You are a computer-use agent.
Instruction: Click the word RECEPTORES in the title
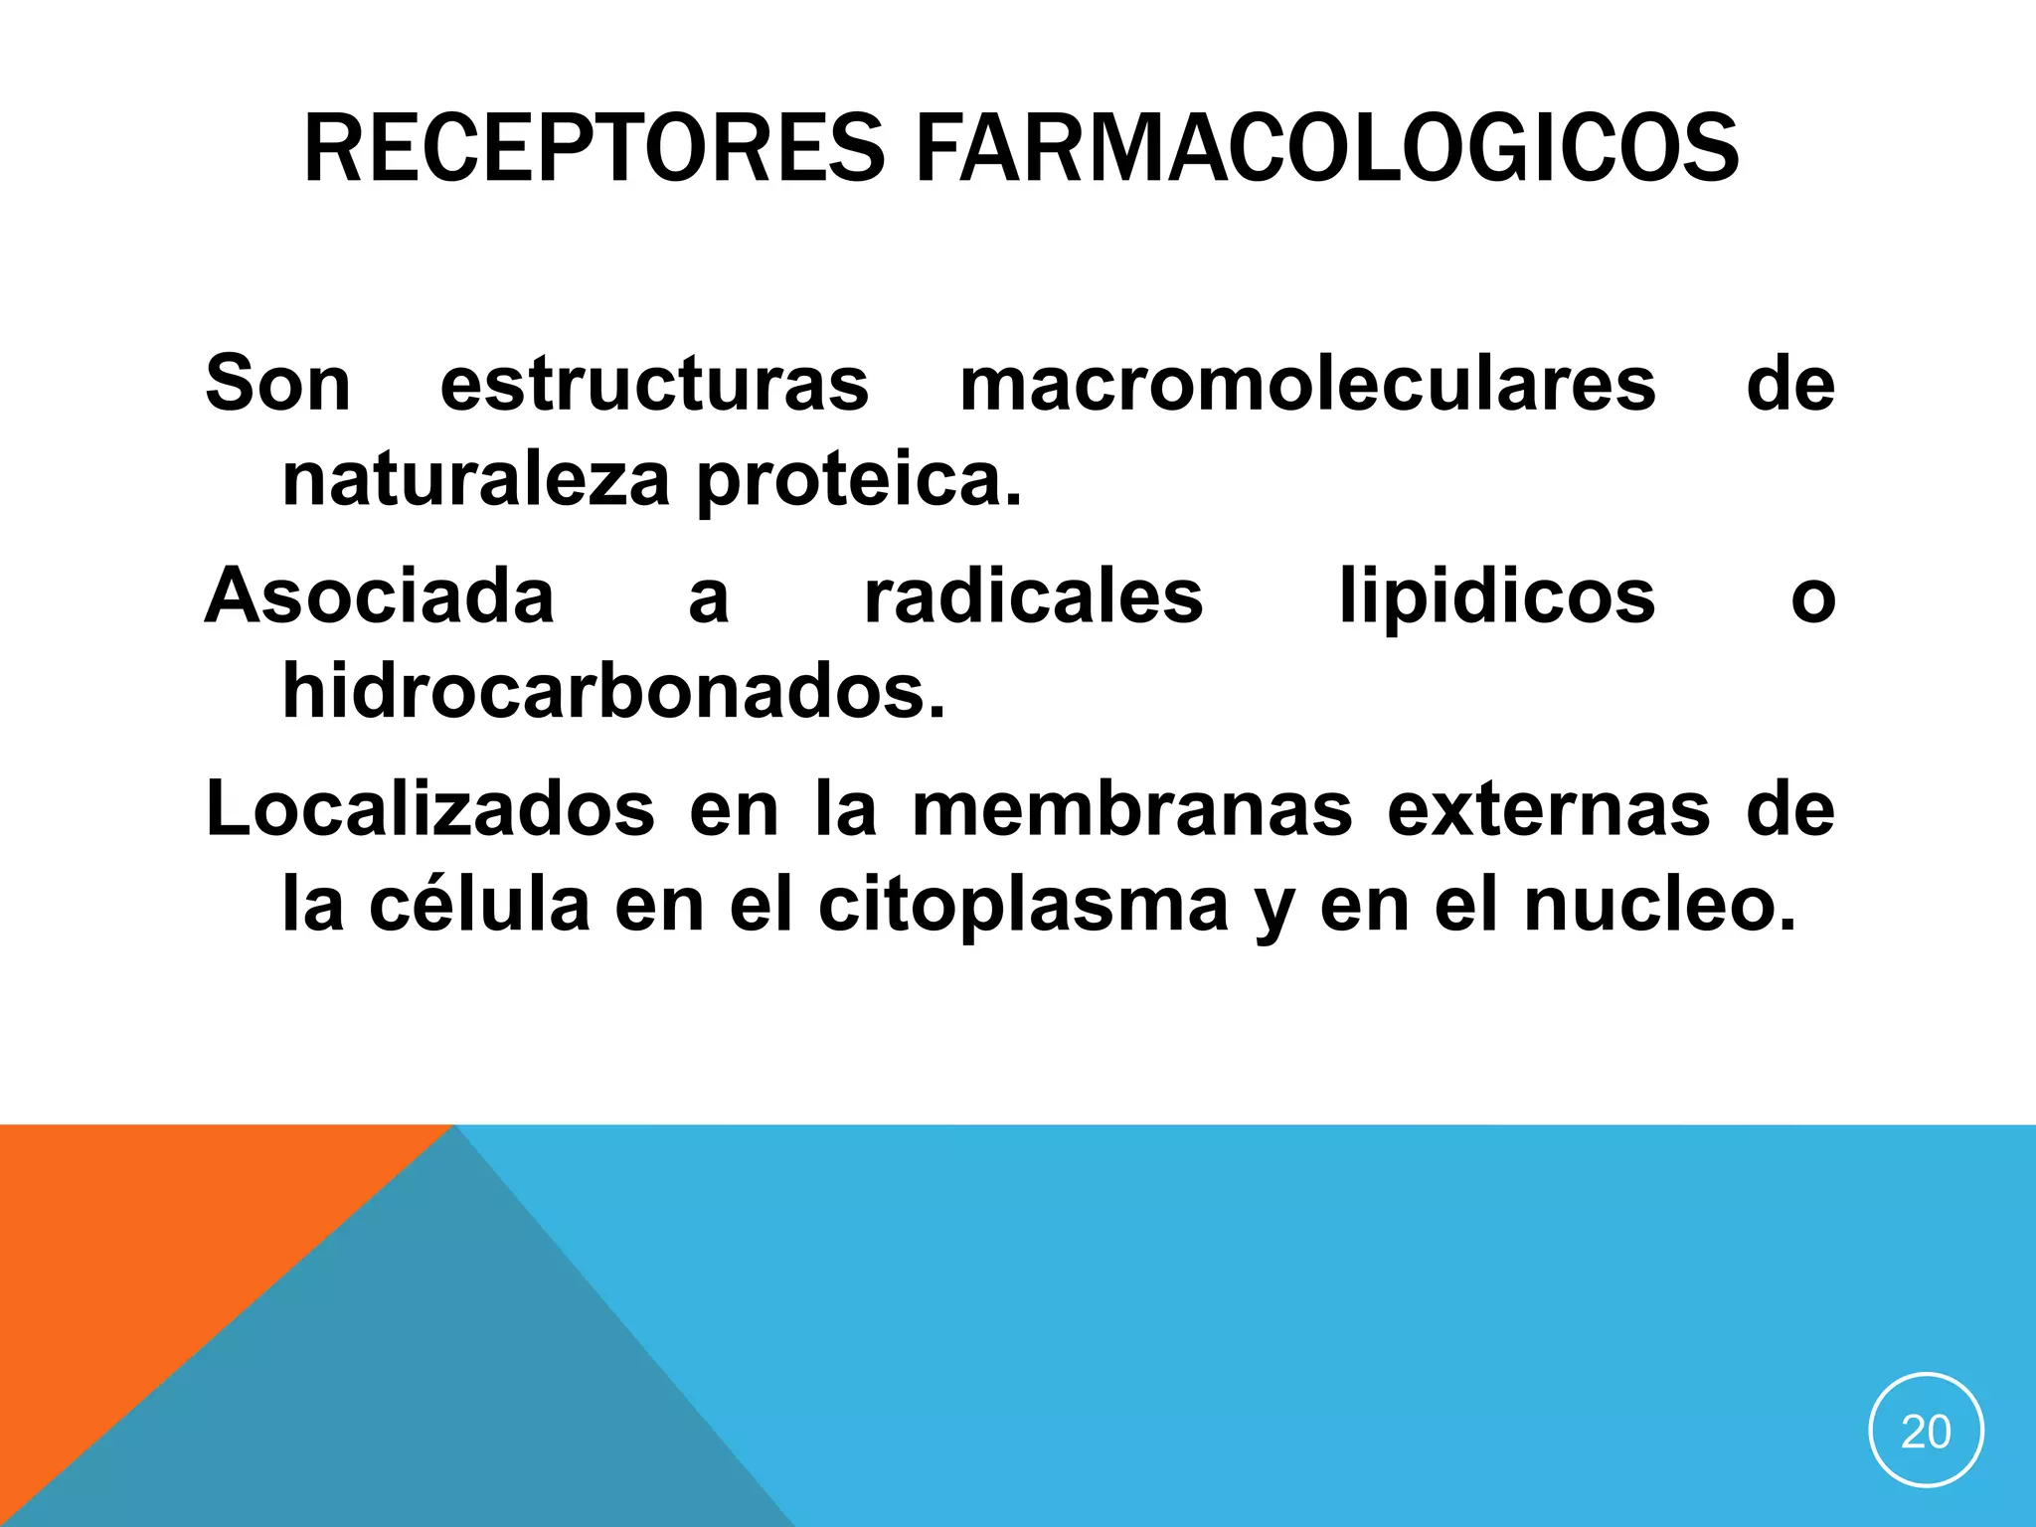594,149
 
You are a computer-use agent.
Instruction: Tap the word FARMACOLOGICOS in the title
1327,149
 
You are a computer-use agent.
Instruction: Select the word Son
278,383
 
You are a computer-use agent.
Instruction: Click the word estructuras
654,383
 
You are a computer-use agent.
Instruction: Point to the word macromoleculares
1307,383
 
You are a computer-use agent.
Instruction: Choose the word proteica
859,480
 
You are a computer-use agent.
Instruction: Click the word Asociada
380,595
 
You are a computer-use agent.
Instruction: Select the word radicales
1034,595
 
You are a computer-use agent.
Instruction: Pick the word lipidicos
1497,595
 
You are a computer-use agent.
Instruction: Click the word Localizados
430,808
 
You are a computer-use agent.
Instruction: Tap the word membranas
1132,808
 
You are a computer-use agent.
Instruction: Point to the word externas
1550,808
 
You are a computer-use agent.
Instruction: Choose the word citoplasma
1024,904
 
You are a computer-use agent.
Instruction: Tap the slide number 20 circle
1926,1431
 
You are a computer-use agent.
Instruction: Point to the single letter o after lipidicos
1812,599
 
